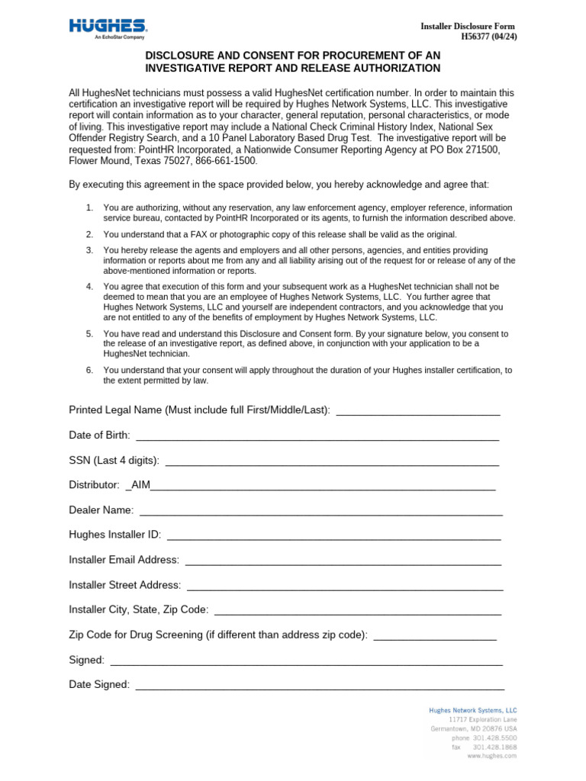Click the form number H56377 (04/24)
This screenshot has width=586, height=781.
click(x=489, y=36)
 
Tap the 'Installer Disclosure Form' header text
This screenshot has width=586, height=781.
click(x=468, y=26)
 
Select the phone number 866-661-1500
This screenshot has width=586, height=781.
click(x=227, y=162)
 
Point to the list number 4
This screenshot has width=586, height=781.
click(x=89, y=287)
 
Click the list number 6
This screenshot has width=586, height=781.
click(x=89, y=370)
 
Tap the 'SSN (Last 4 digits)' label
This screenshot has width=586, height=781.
click(x=114, y=460)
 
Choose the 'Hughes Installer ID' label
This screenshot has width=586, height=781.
click(x=114, y=535)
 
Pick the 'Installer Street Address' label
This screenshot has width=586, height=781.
click(x=124, y=585)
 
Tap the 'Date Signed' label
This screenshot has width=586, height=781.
click(x=99, y=685)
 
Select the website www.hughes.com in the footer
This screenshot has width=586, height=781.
click(x=492, y=757)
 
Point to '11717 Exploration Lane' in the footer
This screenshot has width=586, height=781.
click(x=483, y=719)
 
